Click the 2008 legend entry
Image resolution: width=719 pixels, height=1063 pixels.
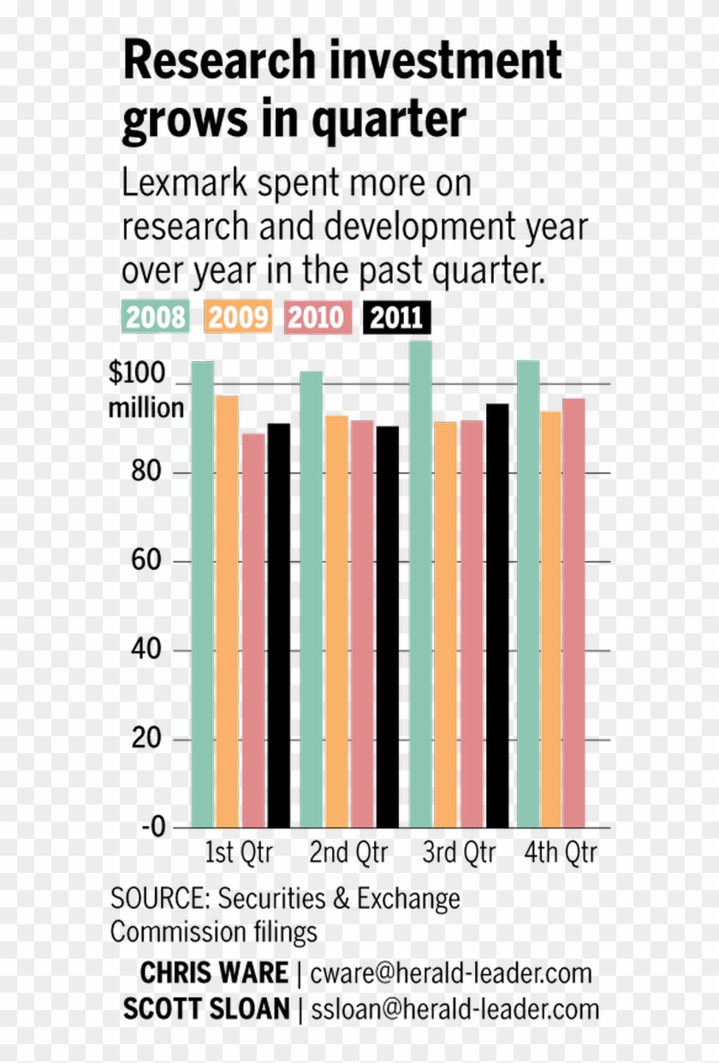157,318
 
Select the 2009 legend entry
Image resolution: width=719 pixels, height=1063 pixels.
238,318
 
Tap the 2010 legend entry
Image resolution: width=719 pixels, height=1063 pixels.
318,318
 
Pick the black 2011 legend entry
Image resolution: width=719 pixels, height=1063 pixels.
397,318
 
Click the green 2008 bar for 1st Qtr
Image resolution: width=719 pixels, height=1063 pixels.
202,594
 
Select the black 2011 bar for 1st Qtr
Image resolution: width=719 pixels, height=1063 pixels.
278,625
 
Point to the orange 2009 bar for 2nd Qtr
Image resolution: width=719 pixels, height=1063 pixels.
336,621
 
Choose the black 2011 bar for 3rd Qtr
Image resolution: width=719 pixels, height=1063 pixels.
496,615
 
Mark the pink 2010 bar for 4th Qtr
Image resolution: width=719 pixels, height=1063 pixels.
573,613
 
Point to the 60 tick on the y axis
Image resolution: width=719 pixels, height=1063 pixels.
148,561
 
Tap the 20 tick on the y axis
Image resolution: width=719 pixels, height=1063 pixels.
148,739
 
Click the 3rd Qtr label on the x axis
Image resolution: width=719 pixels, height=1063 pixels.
459,853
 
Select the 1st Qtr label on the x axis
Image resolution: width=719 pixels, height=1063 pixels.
239,853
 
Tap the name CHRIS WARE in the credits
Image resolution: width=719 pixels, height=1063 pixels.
214,973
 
